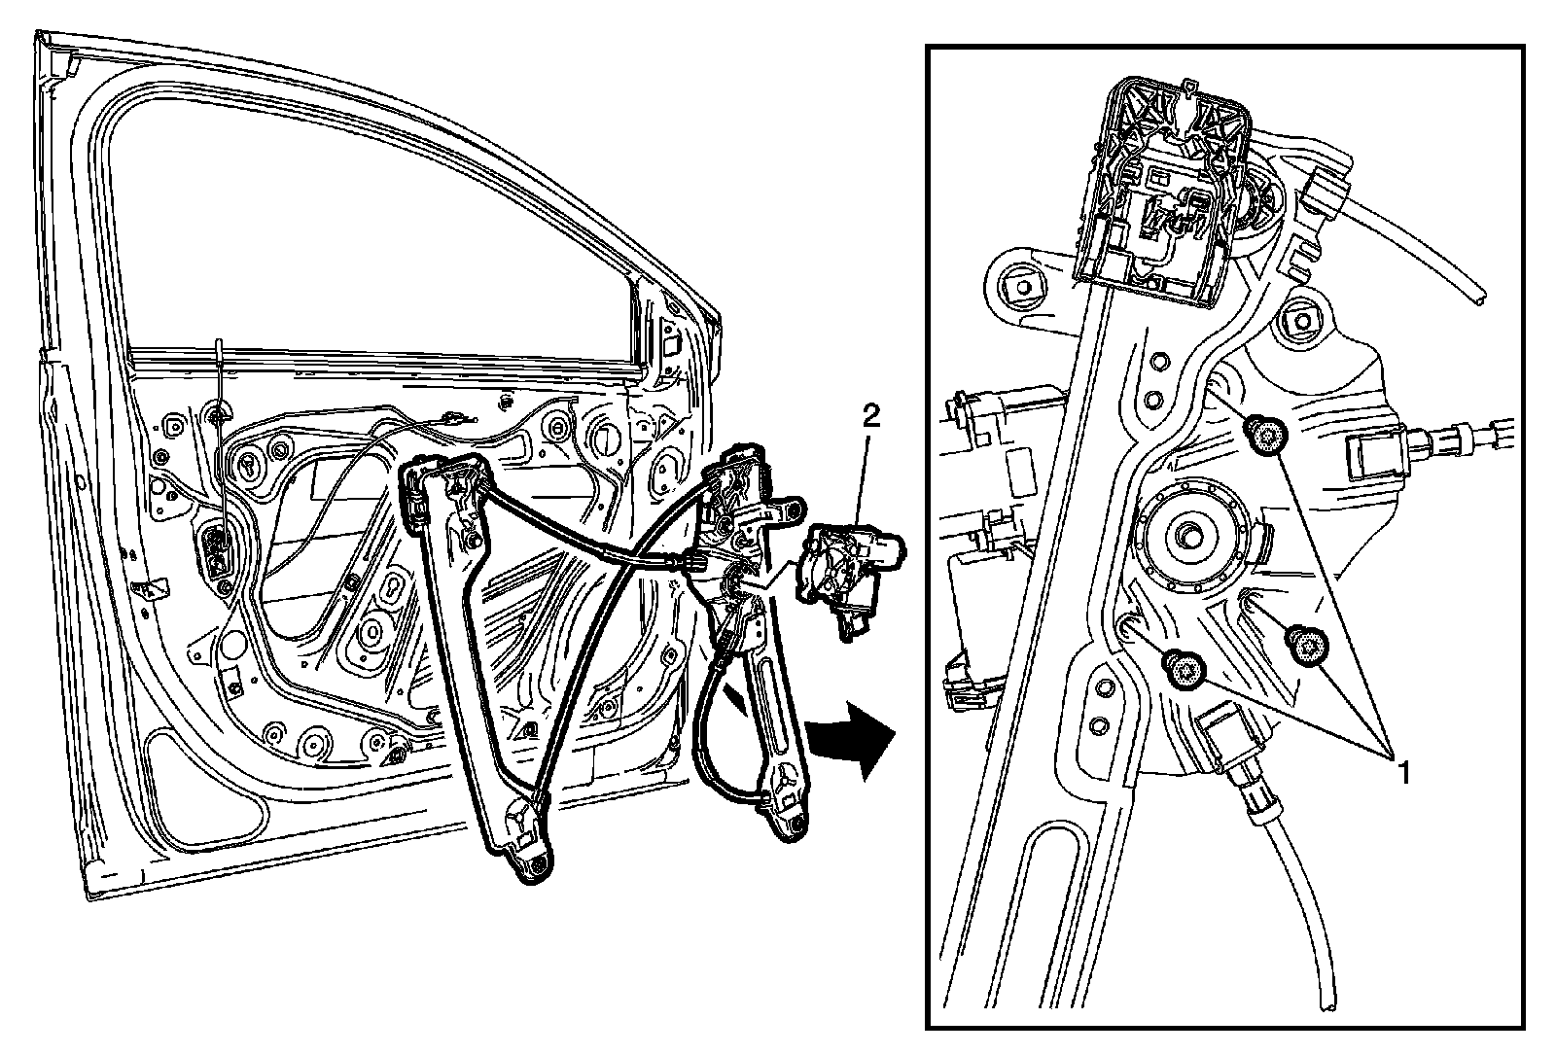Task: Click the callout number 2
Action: tap(871, 417)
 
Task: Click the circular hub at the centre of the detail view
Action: tap(1192, 536)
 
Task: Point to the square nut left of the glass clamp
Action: tap(1021, 288)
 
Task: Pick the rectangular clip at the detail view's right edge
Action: tap(1373, 454)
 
